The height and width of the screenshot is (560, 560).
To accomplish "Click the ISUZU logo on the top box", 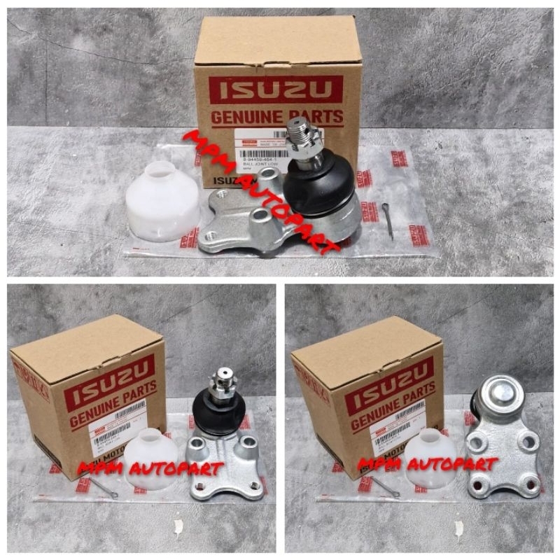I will click(276, 90).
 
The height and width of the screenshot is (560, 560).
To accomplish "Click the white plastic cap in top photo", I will click(162, 201).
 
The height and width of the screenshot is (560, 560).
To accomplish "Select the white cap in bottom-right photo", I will click(429, 458).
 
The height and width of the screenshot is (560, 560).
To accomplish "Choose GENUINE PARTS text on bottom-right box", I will click(392, 409).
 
